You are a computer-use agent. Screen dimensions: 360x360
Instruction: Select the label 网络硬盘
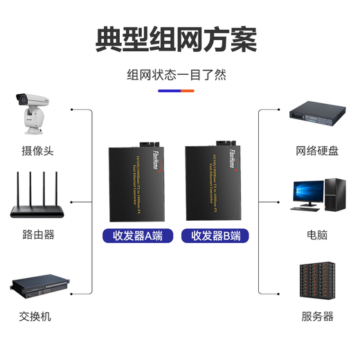coord(317,150)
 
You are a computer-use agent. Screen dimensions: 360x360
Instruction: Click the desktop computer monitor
coord(307,194)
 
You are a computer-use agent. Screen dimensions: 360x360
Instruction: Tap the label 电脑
coord(317,235)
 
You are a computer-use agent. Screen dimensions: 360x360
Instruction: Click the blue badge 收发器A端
coord(137,235)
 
